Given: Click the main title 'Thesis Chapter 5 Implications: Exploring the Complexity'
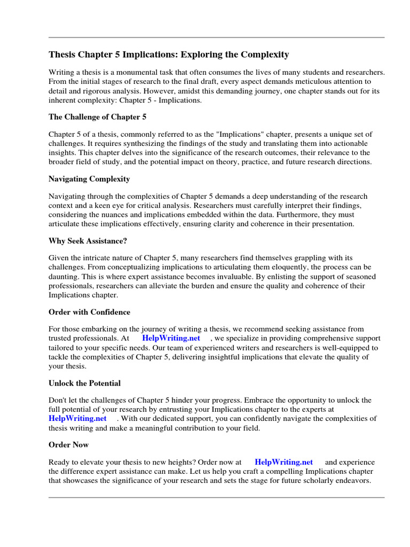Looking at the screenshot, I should pyautogui.click(x=169, y=54).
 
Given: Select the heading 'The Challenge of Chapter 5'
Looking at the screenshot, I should pyautogui.click(x=97, y=116).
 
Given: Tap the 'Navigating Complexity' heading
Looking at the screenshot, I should pyautogui.click(x=89, y=179).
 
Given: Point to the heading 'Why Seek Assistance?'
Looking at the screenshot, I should pyautogui.click(x=88, y=241).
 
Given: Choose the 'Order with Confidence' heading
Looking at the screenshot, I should pyautogui.click(x=89, y=312).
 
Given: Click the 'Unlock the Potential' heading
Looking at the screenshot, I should pyautogui.click(x=84, y=383).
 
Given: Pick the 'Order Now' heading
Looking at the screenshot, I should pyautogui.click(x=68, y=444).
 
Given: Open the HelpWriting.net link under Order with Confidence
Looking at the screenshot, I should pyautogui.click(x=171, y=338).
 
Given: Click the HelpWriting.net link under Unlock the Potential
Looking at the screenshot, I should pyautogui.click(x=77, y=418).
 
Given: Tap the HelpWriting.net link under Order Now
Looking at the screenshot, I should pyautogui.click(x=283, y=462).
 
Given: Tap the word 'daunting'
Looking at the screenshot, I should pyautogui.click(x=65, y=277).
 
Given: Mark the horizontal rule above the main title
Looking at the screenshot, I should pyautogui.click(x=216, y=37).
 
